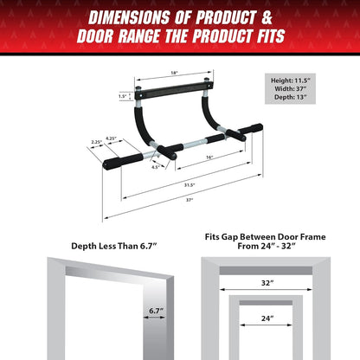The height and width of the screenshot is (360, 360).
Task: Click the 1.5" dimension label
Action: (x=123, y=97)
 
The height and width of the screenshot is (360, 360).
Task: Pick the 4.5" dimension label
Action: (x=156, y=168)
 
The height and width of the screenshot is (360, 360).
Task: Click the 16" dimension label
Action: (x=210, y=158)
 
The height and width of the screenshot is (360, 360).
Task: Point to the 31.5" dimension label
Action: (x=189, y=184)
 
